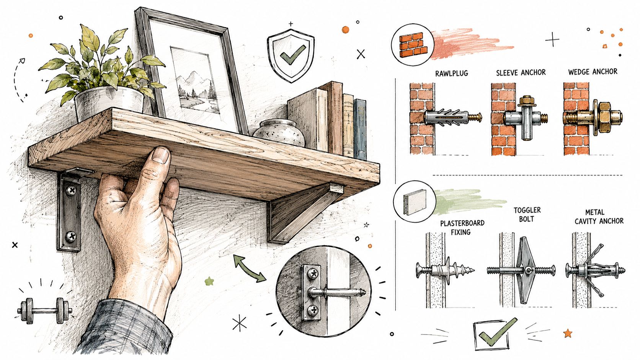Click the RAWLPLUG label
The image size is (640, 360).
(x=452, y=73)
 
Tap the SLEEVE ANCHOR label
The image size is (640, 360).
(x=521, y=73)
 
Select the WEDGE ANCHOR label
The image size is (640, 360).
(x=593, y=72)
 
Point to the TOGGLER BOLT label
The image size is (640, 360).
(x=527, y=215)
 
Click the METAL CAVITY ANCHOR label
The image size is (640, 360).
(x=599, y=217)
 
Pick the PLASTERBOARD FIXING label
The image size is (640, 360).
(x=462, y=227)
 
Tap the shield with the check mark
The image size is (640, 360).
(x=291, y=56)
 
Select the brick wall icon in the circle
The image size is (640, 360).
(x=413, y=45)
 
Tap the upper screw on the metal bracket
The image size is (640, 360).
(x=71, y=190)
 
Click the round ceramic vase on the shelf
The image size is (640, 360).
(x=279, y=132)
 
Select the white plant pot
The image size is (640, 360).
(x=109, y=103)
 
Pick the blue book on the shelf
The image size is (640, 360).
(x=359, y=129)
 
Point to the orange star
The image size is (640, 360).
(x=568, y=333)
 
